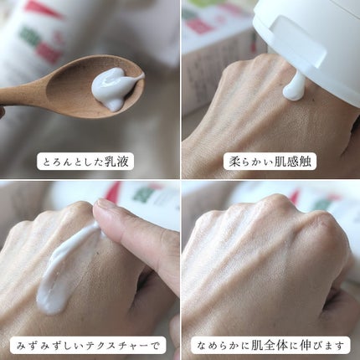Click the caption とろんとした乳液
click(89, 162)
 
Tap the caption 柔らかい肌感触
click(270, 162)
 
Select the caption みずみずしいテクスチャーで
click(89, 342)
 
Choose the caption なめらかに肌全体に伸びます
click(270, 342)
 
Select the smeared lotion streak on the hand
click(67, 268)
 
